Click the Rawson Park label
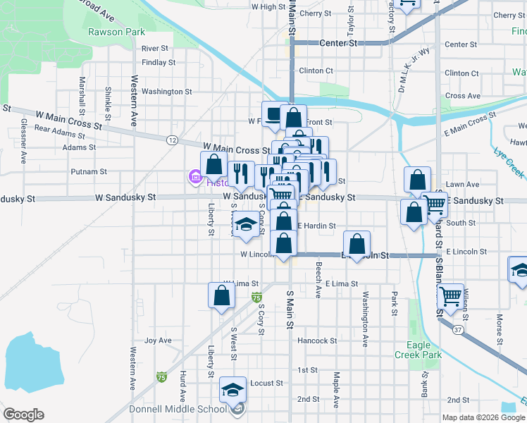[117, 32]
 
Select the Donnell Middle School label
[178, 409]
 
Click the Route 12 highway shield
[173, 140]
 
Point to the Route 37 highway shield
[458, 330]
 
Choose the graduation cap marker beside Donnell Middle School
[233, 389]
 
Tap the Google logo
[23, 415]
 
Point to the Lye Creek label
[509, 163]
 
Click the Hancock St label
[317, 341]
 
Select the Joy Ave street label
[158, 341]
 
